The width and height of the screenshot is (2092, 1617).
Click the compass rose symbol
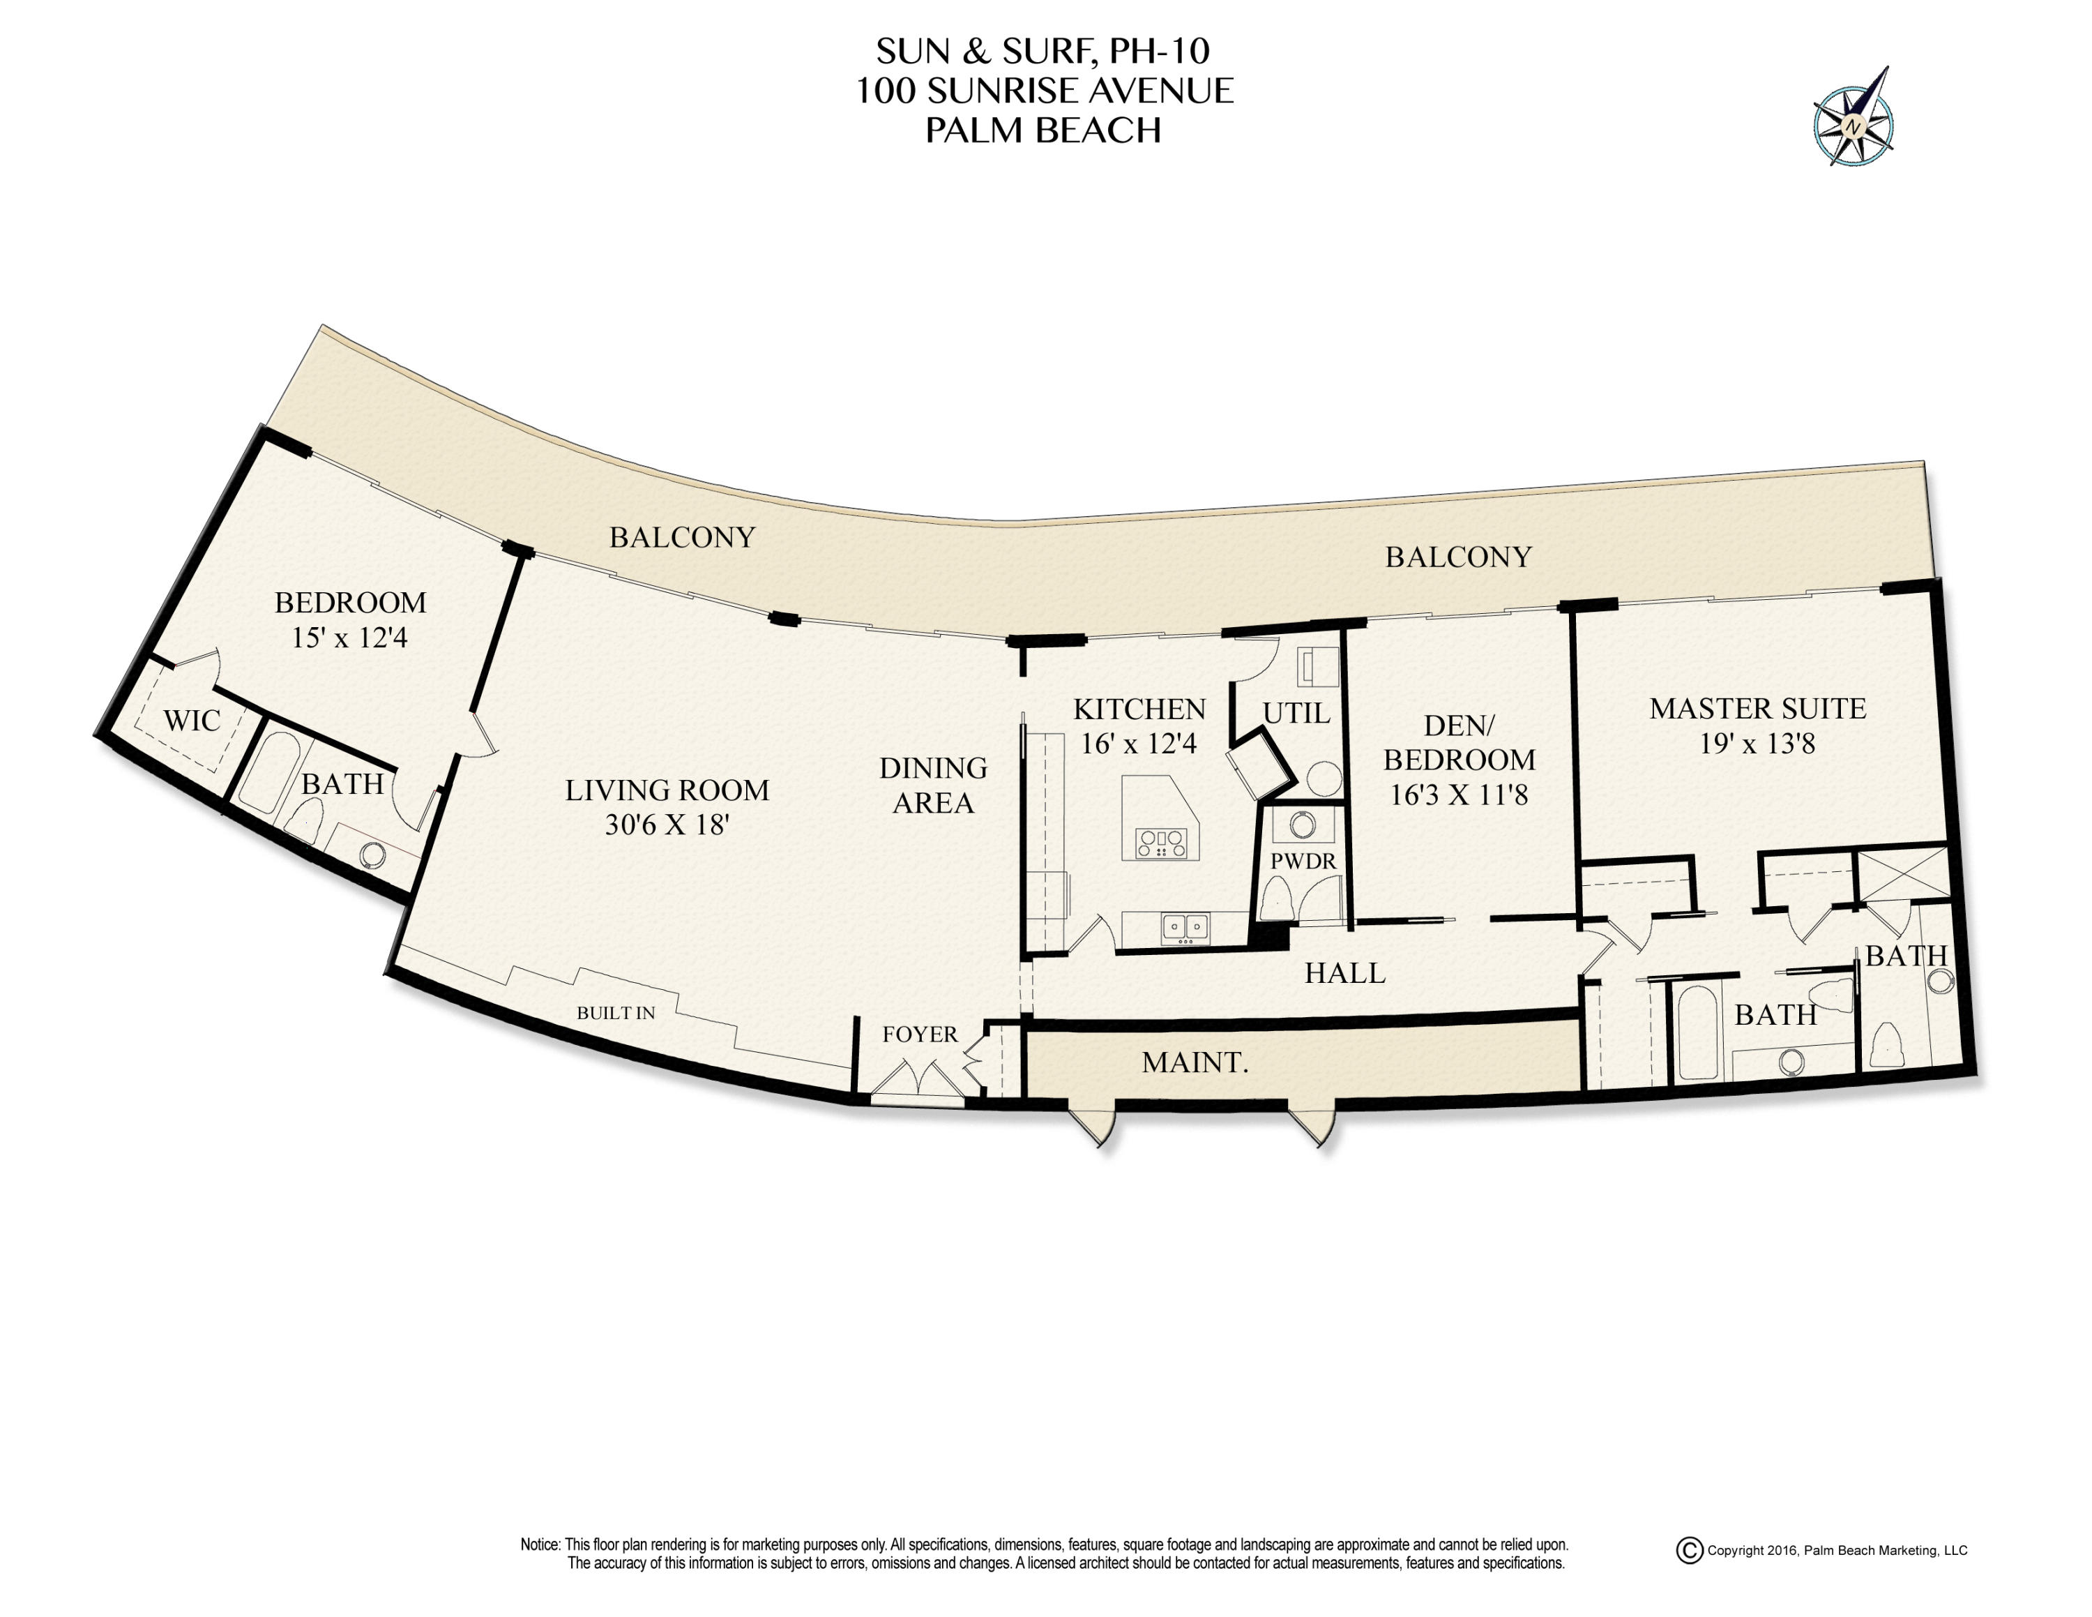tap(1853, 125)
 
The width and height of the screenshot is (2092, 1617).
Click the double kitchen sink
tap(1185, 926)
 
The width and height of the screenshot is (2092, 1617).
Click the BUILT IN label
tap(615, 1012)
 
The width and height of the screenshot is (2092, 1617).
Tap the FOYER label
tap(920, 1035)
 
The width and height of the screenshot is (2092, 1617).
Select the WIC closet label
tap(192, 721)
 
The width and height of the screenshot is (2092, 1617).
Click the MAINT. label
tap(1195, 1062)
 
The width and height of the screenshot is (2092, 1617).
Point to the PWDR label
tap(1303, 862)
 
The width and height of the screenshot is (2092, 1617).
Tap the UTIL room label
tap(1296, 714)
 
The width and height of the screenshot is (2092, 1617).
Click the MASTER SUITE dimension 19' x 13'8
tap(1757, 744)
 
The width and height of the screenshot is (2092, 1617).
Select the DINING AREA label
tap(933, 785)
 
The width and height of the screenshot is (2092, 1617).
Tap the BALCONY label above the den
tap(1458, 557)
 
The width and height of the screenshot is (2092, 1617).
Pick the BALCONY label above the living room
tap(682, 537)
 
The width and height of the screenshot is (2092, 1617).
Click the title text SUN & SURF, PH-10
tap(1043, 51)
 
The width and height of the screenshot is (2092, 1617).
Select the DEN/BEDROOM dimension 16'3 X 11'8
tap(1458, 795)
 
